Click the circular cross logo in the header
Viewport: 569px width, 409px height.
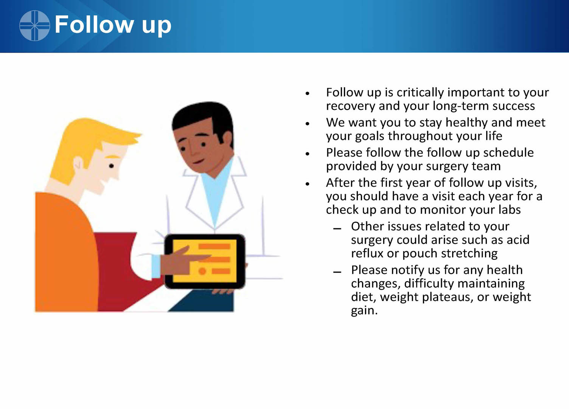(x=34, y=25)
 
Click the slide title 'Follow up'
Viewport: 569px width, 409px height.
(x=113, y=25)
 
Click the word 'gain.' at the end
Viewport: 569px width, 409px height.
(x=364, y=311)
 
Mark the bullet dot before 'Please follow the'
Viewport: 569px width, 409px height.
(x=308, y=154)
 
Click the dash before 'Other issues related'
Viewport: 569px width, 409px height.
(x=337, y=229)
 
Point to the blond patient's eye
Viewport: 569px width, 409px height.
(x=111, y=166)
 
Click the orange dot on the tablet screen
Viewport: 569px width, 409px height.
(x=202, y=271)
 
